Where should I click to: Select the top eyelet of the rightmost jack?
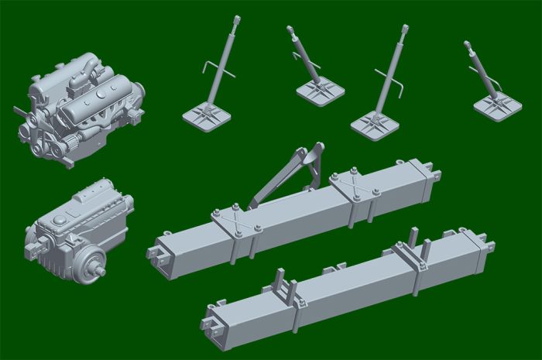[467, 45]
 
